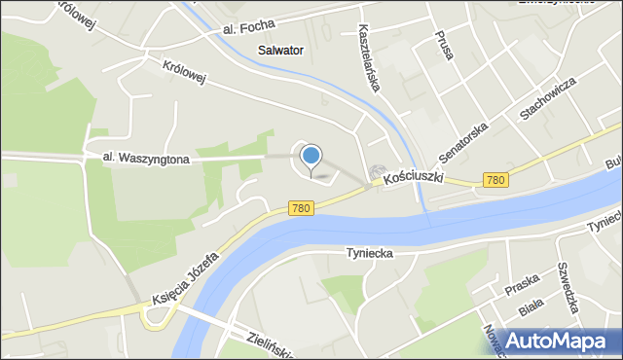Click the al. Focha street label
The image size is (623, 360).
point(248,26)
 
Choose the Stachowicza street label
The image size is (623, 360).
point(548,98)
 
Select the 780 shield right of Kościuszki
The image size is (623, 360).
point(495,180)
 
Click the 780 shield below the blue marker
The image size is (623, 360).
point(301,209)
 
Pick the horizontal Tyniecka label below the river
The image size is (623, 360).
point(369,253)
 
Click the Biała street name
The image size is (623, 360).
point(531,308)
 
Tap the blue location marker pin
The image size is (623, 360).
point(311,156)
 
